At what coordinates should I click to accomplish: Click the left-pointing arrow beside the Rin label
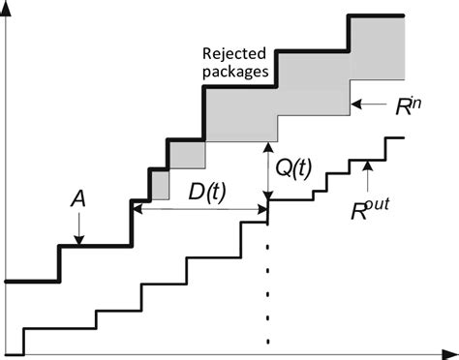[x=366, y=100]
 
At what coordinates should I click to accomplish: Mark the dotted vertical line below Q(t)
[x=267, y=281]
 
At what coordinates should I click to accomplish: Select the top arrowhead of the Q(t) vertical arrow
[x=267, y=144]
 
